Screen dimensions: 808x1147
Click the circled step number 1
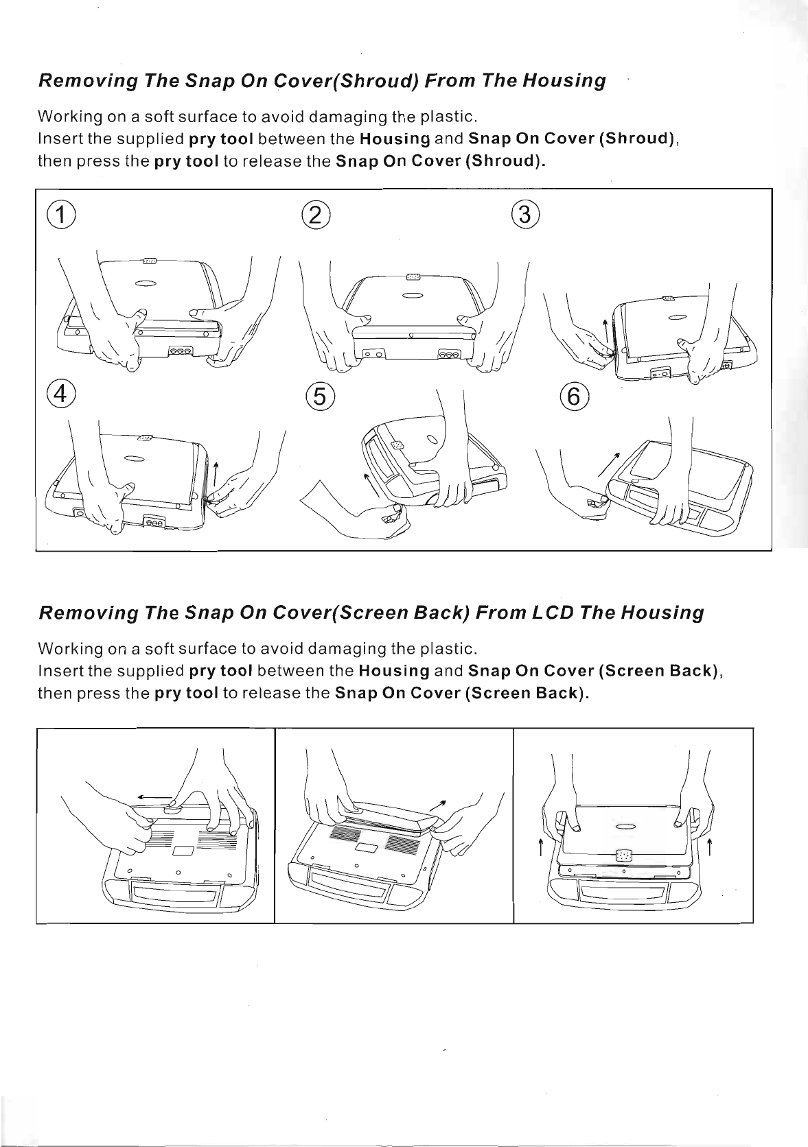pos(61,215)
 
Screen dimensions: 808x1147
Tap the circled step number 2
pos(316,215)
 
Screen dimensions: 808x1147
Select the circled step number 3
pos(525,214)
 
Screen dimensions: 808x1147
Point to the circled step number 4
pos(61,394)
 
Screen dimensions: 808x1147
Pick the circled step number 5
pos(320,396)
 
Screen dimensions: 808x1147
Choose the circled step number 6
pos(574,396)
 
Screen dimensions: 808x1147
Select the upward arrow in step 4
pos(216,474)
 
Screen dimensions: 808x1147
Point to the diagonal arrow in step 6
pos(609,464)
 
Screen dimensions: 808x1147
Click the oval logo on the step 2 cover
pos(412,296)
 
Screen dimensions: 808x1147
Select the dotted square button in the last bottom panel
pos(623,855)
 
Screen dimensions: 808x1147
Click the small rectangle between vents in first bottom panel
pos(181,851)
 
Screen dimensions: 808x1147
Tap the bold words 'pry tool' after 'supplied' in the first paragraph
pos(221,139)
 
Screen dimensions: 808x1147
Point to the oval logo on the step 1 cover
pos(146,284)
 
